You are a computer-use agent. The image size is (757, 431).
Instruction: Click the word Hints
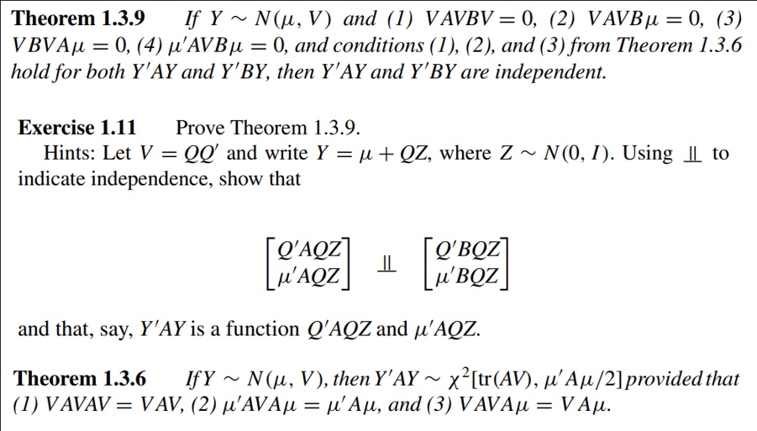71,153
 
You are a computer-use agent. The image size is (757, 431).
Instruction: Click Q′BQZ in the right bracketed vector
469,250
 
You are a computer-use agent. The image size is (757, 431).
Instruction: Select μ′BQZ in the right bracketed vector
469,275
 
